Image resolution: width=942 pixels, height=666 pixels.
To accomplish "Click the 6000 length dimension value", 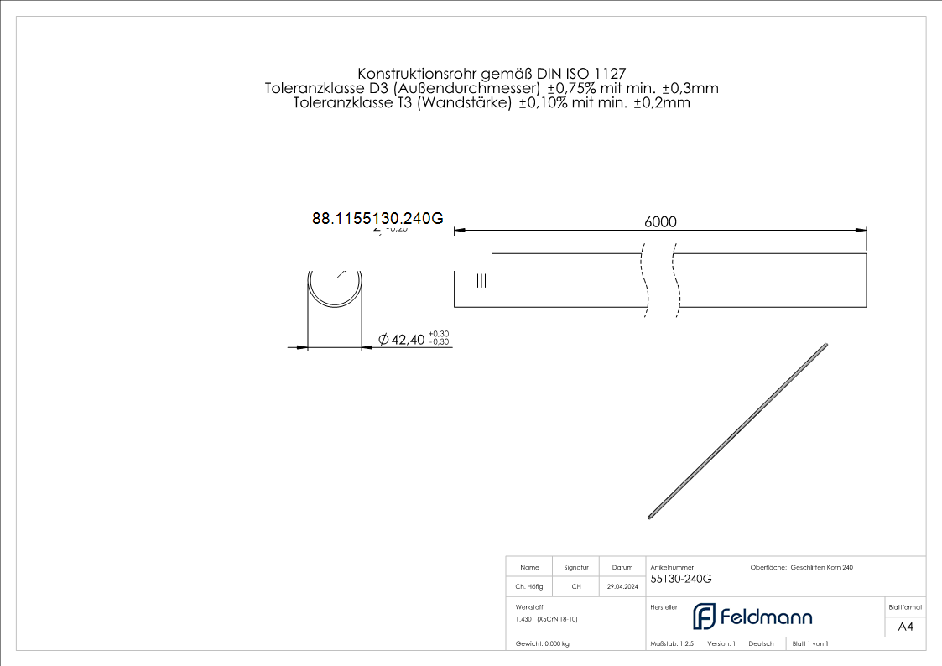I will pyautogui.click(x=660, y=221).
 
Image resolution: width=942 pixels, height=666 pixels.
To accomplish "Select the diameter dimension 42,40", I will pyautogui.click(x=402, y=340).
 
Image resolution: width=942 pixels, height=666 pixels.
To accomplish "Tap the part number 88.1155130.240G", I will pyautogui.click(x=377, y=219).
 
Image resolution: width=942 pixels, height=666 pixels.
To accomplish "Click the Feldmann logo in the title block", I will pyautogui.click(x=752, y=617).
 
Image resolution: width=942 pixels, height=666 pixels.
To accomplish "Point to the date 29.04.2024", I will pyautogui.click(x=622, y=587).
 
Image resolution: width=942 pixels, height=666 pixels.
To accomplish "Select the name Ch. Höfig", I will pyautogui.click(x=529, y=587).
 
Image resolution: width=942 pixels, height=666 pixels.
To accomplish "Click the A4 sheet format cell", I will pyautogui.click(x=905, y=627).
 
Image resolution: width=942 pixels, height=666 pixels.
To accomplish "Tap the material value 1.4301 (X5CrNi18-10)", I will pyautogui.click(x=547, y=619).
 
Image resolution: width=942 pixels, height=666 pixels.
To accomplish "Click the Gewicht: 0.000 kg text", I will pyautogui.click(x=543, y=644).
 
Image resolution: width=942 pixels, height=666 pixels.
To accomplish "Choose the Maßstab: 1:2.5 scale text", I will pyautogui.click(x=673, y=644).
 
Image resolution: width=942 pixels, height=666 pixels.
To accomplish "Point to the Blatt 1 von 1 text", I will pyautogui.click(x=810, y=644).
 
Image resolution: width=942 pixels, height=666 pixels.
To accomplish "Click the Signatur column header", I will pyautogui.click(x=576, y=568).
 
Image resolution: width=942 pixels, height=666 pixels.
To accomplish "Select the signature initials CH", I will pyautogui.click(x=576, y=587).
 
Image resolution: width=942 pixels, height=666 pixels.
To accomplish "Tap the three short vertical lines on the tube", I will pyautogui.click(x=481, y=281).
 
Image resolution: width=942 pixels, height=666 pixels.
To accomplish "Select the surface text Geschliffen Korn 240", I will pyautogui.click(x=822, y=568).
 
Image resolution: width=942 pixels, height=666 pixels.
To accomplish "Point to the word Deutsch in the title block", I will pyautogui.click(x=761, y=644).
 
